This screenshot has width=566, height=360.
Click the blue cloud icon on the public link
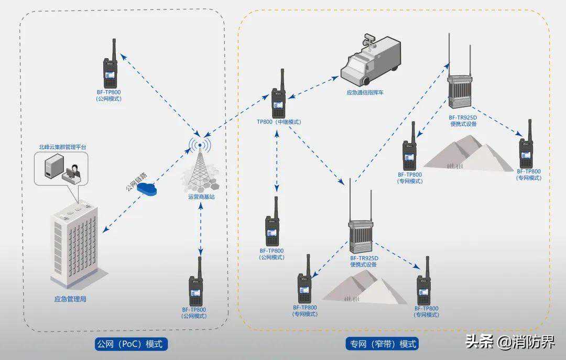click(x=148, y=189)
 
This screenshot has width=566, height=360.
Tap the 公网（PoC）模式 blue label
click(x=132, y=344)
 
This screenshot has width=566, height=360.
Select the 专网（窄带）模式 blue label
click(x=383, y=344)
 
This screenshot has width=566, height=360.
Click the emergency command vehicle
click(x=370, y=61)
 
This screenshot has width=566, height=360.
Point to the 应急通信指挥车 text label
click(x=369, y=93)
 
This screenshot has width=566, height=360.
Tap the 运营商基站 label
click(x=201, y=197)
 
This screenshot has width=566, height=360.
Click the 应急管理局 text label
click(x=70, y=300)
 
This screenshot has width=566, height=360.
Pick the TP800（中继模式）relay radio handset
click(x=278, y=97)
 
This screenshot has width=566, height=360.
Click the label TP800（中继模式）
click(x=279, y=122)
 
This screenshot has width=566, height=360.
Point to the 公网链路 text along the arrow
click(x=135, y=180)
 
